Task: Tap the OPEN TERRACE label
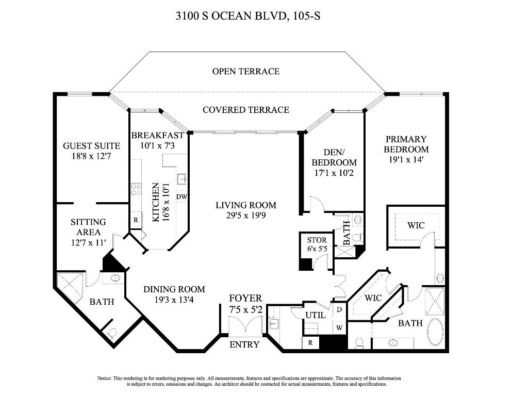[x=245, y=71]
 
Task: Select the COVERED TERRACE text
[x=245, y=110]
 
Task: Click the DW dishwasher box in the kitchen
[x=181, y=196]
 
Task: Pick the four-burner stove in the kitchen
[x=136, y=189]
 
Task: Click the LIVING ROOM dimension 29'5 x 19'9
[x=245, y=216]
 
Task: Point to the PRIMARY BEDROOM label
[x=406, y=144]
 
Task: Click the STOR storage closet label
[x=317, y=240]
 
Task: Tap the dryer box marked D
[x=339, y=310]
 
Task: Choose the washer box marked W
[x=339, y=327]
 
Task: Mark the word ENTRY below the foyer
[x=244, y=344]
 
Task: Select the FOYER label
[x=245, y=298]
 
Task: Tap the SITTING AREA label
[x=88, y=227]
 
